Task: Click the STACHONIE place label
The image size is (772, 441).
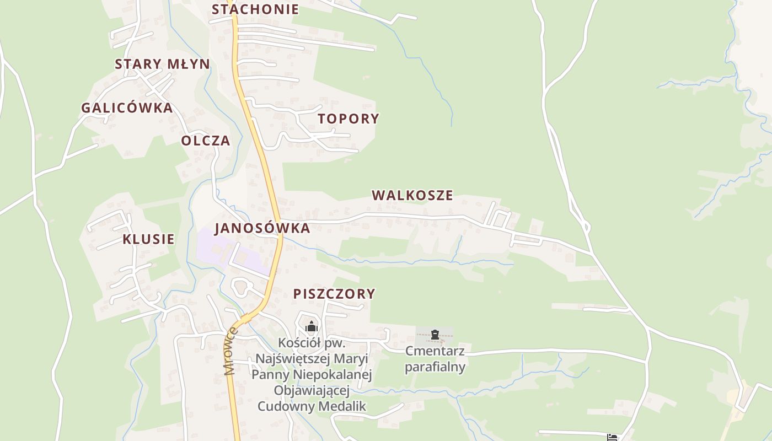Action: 255,9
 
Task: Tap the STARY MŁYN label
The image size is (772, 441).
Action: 162,64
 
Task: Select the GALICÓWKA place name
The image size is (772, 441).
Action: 127,108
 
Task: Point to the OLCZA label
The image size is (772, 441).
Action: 206,141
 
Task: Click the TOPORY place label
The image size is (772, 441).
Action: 349,119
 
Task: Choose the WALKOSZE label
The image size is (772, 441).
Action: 412,195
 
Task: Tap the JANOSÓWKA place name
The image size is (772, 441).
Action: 262,228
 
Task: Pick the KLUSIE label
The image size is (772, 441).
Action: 148,239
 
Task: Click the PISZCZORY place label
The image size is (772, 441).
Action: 334,294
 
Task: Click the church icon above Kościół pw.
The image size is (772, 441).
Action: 312,326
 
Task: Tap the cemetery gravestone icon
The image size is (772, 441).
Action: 435,334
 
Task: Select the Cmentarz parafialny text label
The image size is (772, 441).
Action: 435,359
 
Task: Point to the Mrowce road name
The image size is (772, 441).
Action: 230,351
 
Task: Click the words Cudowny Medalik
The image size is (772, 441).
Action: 312,407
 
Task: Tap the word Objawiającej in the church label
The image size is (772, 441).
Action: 312,391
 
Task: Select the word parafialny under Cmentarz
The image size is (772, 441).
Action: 435,367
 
